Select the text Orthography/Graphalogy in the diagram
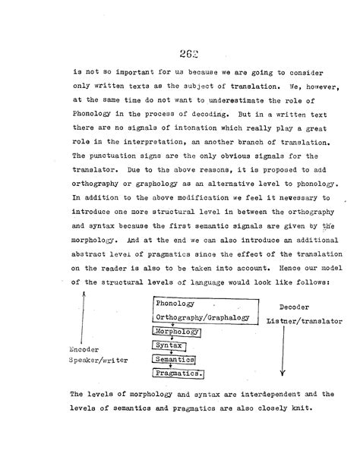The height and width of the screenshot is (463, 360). point(201,318)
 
